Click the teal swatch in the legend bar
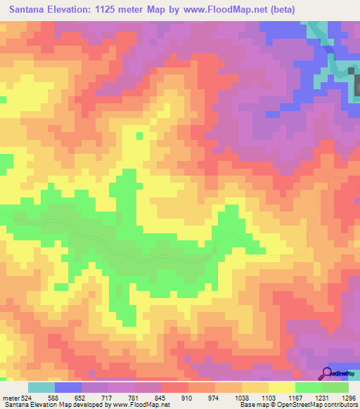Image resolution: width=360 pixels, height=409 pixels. [41, 387]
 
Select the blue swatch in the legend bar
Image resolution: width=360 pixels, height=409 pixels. [68, 387]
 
